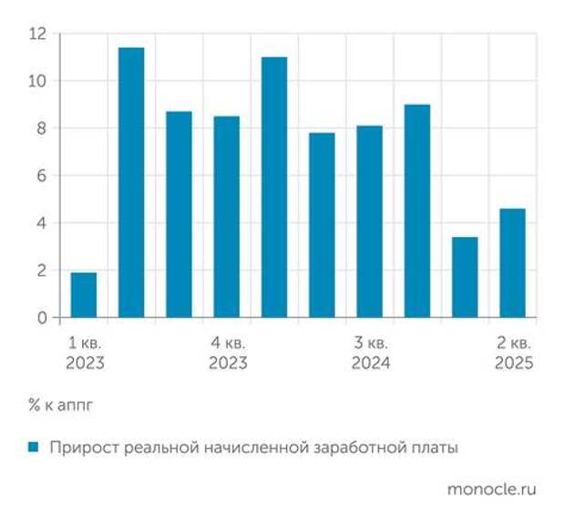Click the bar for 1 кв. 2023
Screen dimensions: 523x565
pos(84,295)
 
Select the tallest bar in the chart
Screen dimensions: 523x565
pos(131,182)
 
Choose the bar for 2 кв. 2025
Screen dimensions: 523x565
pos(512,263)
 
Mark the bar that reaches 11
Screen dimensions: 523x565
pos(274,188)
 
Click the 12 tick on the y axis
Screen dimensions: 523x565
pos(37,34)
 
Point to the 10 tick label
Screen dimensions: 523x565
pos(37,81)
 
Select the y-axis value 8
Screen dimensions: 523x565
pos(41,128)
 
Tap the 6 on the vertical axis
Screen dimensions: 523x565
pos(41,176)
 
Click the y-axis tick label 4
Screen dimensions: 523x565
pos(41,223)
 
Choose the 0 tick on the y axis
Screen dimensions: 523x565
pos(41,318)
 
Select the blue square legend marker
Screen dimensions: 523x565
pos(34,447)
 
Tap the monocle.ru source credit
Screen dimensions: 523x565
pos(492,489)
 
